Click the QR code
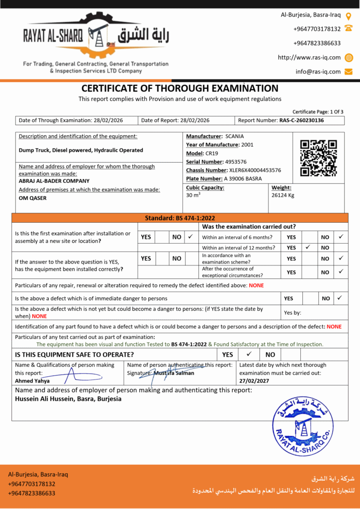319,159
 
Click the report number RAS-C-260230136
301,120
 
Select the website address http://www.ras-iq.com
309,58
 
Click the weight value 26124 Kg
283,195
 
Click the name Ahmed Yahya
32,381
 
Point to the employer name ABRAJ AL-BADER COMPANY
54,181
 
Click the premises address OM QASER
33,198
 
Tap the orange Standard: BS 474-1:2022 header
180,218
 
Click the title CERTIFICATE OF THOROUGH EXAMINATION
180,88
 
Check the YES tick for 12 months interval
308,247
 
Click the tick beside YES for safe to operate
249,354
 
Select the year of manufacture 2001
247,145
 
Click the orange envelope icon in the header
349,72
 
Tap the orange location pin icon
349,16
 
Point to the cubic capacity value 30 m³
193,195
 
